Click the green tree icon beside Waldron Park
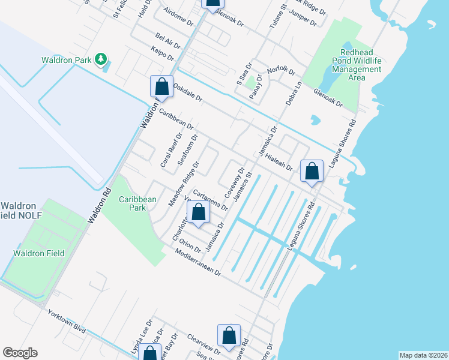103,59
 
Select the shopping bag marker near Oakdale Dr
161,86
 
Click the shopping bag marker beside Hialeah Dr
312,172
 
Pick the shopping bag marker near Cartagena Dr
198,212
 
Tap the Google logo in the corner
20,353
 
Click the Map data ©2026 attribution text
423,355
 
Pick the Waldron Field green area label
39,254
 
